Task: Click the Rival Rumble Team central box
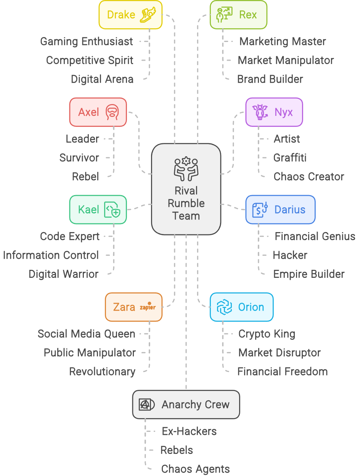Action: pos(186,189)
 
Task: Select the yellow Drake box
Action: pos(130,15)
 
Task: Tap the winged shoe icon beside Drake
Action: pos(149,15)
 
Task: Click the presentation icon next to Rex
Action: pos(224,15)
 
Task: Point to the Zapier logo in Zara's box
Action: pos(148,307)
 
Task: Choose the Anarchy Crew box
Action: pos(186,404)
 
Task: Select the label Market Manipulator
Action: pos(286,60)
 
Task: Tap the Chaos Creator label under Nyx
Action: pos(309,176)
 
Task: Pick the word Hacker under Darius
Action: pos(290,255)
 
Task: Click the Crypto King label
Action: pos(267,334)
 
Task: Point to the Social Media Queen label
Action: pos(87,334)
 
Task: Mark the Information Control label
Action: pos(51,255)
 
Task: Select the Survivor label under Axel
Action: pos(79,157)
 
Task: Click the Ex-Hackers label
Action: pos(189,431)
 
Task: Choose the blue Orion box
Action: pos(241,307)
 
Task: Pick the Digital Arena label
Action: pos(102,79)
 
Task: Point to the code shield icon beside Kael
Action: pos(112,210)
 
